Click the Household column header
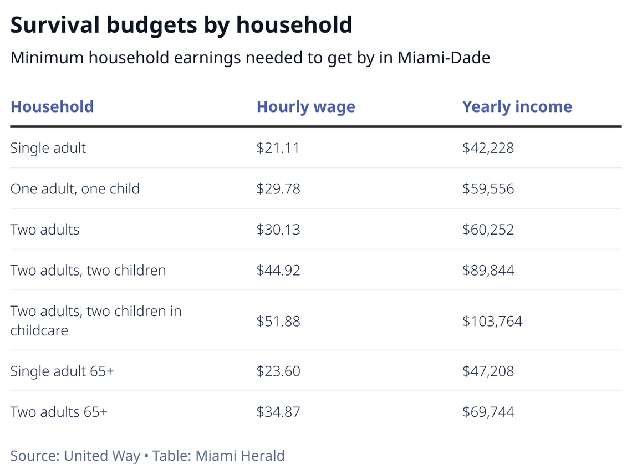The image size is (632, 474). pyautogui.click(x=52, y=106)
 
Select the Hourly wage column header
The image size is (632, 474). pyautogui.click(x=305, y=106)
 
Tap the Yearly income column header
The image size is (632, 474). pyautogui.click(x=517, y=106)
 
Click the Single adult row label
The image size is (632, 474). pyautogui.click(x=48, y=148)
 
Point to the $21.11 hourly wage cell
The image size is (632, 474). pyautogui.click(x=278, y=148)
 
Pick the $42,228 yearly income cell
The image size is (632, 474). pyautogui.click(x=488, y=148)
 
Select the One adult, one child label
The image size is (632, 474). pyautogui.click(x=75, y=188)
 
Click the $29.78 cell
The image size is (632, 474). pyautogui.click(x=278, y=188)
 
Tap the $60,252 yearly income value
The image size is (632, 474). pyautogui.click(x=488, y=230)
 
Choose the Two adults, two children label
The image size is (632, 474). pyautogui.click(x=88, y=271)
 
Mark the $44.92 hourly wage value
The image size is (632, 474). pyautogui.click(x=278, y=271)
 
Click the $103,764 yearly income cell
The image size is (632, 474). pyautogui.click(x=492, y=321)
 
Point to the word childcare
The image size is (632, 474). pyautogui.click(x=39, y=330)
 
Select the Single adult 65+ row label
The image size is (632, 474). pyautogui.click(x=62, y=371)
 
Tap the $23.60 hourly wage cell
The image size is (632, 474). pyautogui.click(x=278, y=371)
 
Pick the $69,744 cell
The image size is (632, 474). pyautogui.click(x=488, y=412)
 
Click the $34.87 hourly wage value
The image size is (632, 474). pyautogui.click(x=278, y=412)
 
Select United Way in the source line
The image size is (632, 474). pyautogui.click(x=102, y=456)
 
